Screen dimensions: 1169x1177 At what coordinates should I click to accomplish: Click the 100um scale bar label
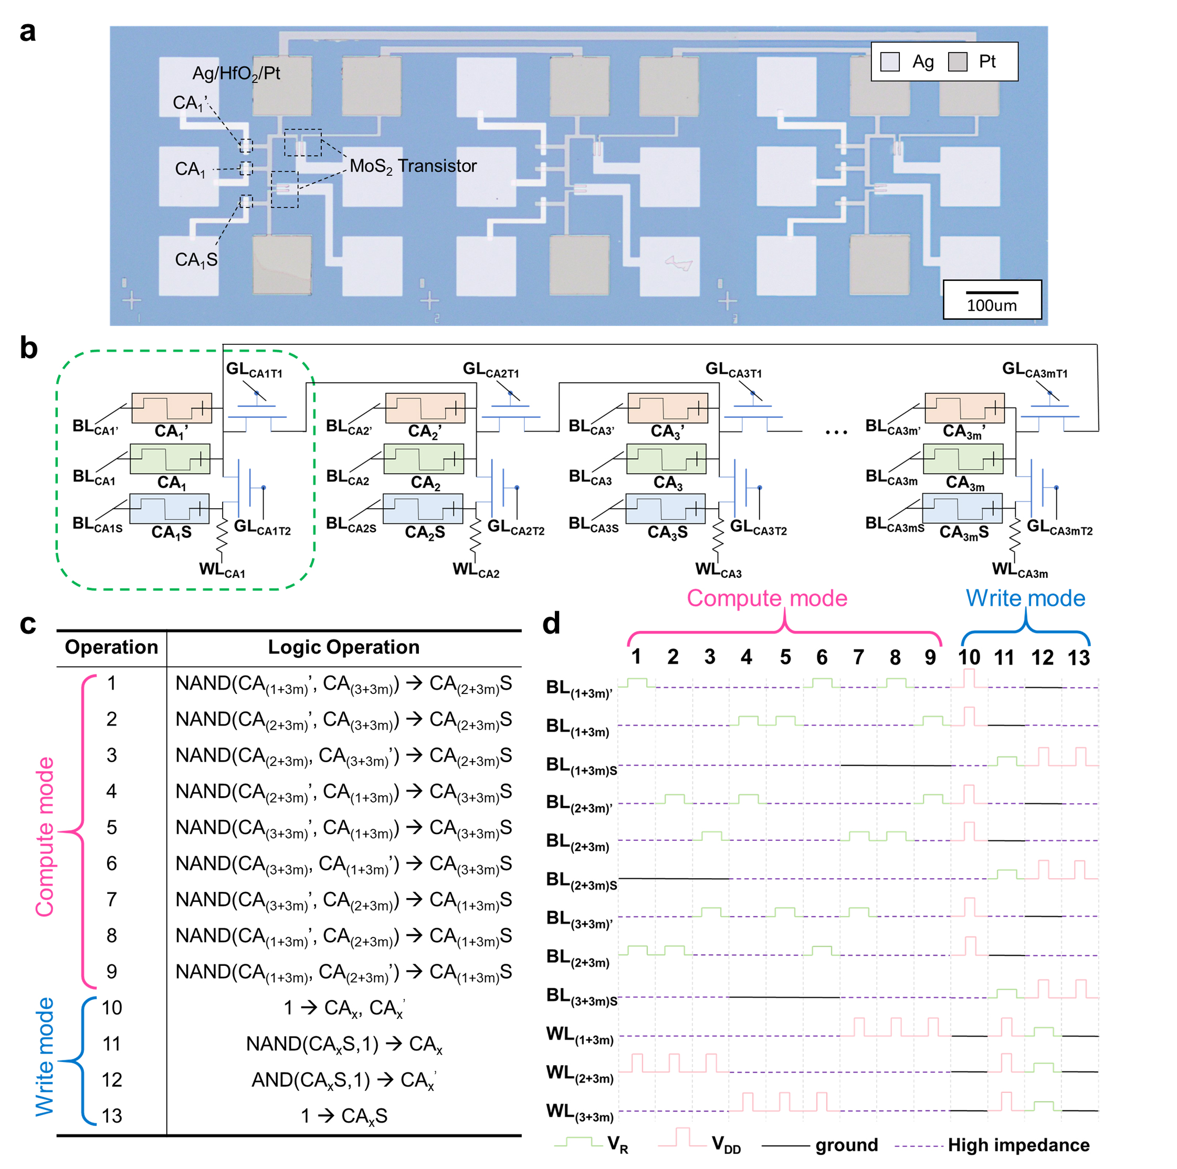pyautogui.click(x=991, y=305)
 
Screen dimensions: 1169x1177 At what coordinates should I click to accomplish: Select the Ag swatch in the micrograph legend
pyautogui.click(x=890, y=61)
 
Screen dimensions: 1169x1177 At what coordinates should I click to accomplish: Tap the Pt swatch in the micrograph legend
pyautogui.click(x=958, y=61)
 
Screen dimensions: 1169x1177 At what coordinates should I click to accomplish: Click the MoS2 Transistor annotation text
pyautogui.click(x=413, y=166)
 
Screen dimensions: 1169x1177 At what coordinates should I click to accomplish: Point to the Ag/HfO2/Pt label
pyautogui.click(x=236, y=73)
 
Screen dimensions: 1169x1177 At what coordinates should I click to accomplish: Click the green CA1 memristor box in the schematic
pyautogui.click(x=170, y=459)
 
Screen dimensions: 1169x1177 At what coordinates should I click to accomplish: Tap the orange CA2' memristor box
pyautogui.click(x=425, y=407)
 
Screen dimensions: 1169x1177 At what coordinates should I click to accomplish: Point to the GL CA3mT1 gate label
pyautogui.click(x=1034, y=369)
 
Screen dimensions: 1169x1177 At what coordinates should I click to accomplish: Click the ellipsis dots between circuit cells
pyautogui.click(x=836, y=433)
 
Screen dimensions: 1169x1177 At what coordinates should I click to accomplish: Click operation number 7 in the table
pyautogui.click(x=111, y=899)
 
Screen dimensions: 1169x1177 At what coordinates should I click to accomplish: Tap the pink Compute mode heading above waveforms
pyautogui.click(x=766, y=598)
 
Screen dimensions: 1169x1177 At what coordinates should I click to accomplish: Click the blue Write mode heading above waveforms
pyautogui.click(x=1025, y=598)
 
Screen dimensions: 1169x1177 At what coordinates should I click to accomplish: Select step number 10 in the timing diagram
pyautogui.click(x=969, y=657)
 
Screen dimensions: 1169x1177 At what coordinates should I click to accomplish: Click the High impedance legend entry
pyautogui.click(x=1018, y=1145)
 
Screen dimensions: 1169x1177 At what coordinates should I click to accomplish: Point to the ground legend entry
pyautogui.click(x=846, y=1145)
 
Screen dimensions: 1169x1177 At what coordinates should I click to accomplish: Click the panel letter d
pyautogui.click(x=551, y=624)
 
